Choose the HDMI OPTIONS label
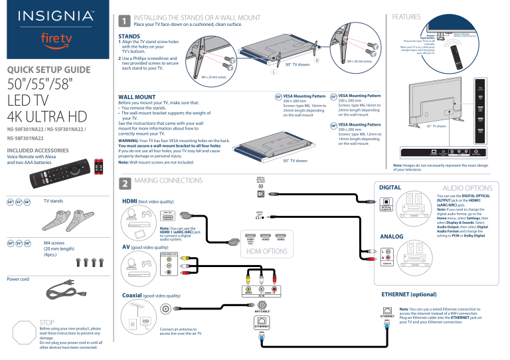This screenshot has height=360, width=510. pos(266,252)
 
